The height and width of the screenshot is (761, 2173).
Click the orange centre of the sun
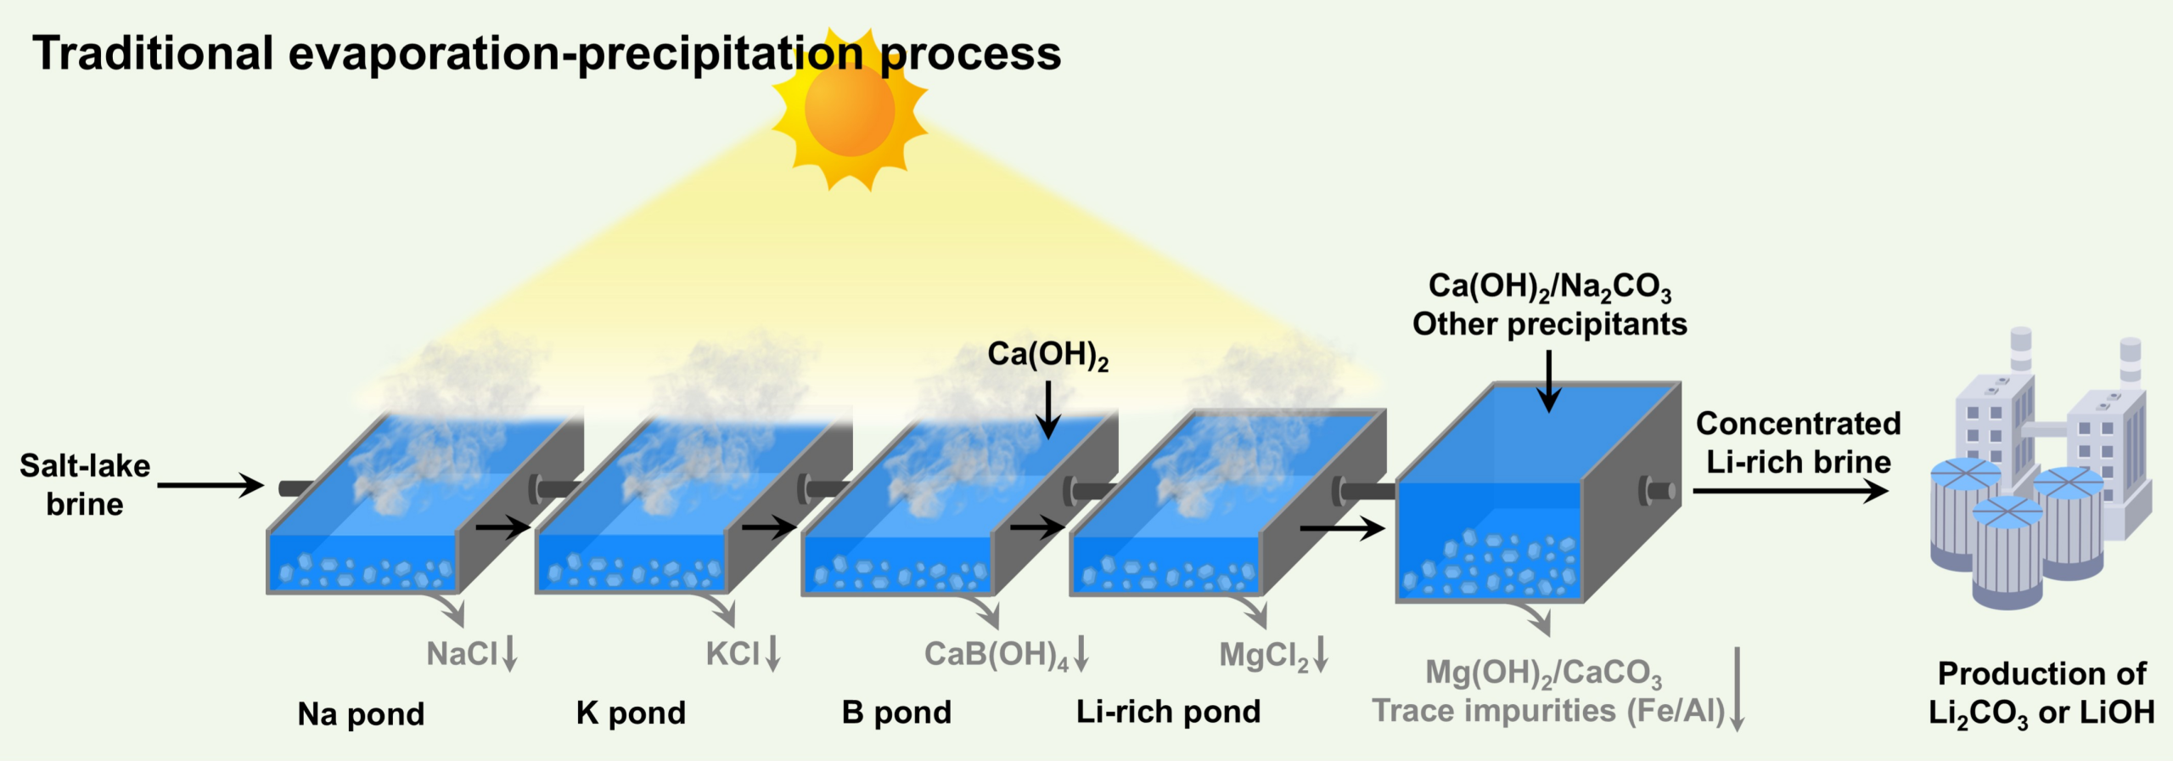tap(850, 110)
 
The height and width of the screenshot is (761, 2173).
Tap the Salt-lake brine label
tap(85, 485)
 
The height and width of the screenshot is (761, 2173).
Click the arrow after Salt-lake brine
tap(211, 485)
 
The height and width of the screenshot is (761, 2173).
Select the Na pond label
tap(361, 714)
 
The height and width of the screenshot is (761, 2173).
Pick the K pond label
tap(631, 713)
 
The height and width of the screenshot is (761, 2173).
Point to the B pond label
tap(896, 712)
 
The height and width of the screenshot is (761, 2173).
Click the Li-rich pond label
tap(1168, 711)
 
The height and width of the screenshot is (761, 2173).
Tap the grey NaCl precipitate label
tap(462, 654)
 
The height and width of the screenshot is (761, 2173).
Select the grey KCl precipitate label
tap(733, 654)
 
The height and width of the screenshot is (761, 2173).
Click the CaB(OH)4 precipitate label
tap(997, 655)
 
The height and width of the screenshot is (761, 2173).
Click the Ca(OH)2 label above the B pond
tap(1048, 355)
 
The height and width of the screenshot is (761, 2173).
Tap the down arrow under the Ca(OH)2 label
tap(1048, 410)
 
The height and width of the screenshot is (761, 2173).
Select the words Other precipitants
tap(1550, 324)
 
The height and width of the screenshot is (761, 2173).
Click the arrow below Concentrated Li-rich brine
tap(1791, 490)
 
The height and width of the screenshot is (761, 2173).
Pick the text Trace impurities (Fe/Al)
tap(1549, 711)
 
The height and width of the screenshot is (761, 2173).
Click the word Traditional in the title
tap(153, 53)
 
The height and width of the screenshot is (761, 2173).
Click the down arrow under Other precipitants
tap(1549, 381)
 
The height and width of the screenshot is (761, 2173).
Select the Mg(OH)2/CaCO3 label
tap(1543, 674)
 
